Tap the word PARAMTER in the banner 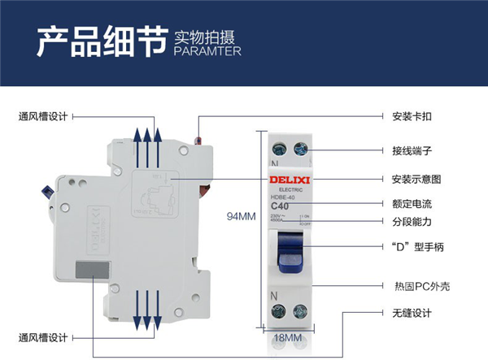207,50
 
